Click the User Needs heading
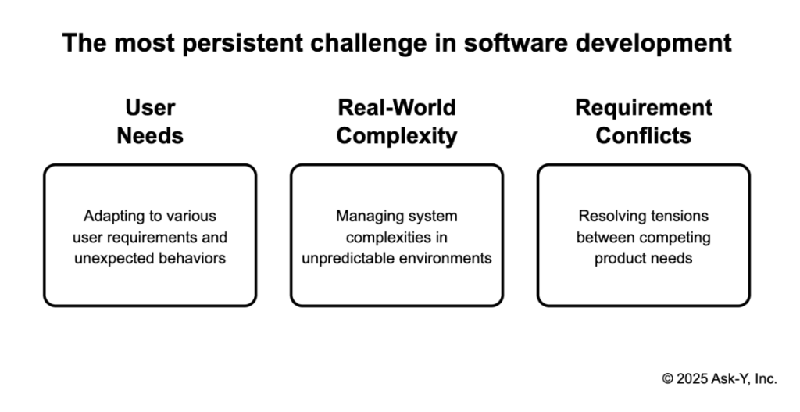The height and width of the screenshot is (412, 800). tap(150, 121)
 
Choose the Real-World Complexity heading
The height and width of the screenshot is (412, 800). tap(397, 121)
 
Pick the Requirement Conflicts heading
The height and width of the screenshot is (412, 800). tap(643, 121)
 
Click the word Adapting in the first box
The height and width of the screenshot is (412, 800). tap(108, 216)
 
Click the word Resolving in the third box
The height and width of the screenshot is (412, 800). tap(606, 216)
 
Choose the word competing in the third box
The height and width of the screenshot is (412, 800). tap(677, 237)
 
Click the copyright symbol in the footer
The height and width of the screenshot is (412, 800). tap(667, 378)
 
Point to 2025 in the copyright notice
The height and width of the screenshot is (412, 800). tap(691, 378)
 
